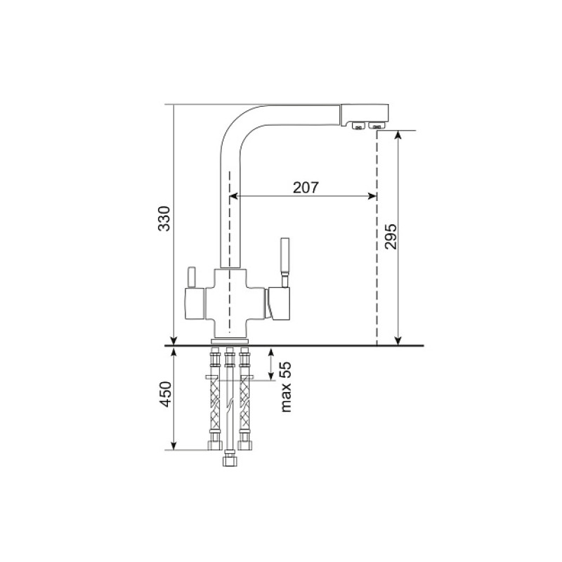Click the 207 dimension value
[x=306, y=188]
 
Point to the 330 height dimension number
[x=164, y=218]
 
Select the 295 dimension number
[x=391, y=237]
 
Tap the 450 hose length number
[x=165, y=394]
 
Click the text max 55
[x=286, y=387]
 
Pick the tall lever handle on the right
[x=285, y=261]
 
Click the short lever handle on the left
[x=191, y=277]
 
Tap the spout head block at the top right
[x=364, y=114]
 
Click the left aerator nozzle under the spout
[x=358, y=126]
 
